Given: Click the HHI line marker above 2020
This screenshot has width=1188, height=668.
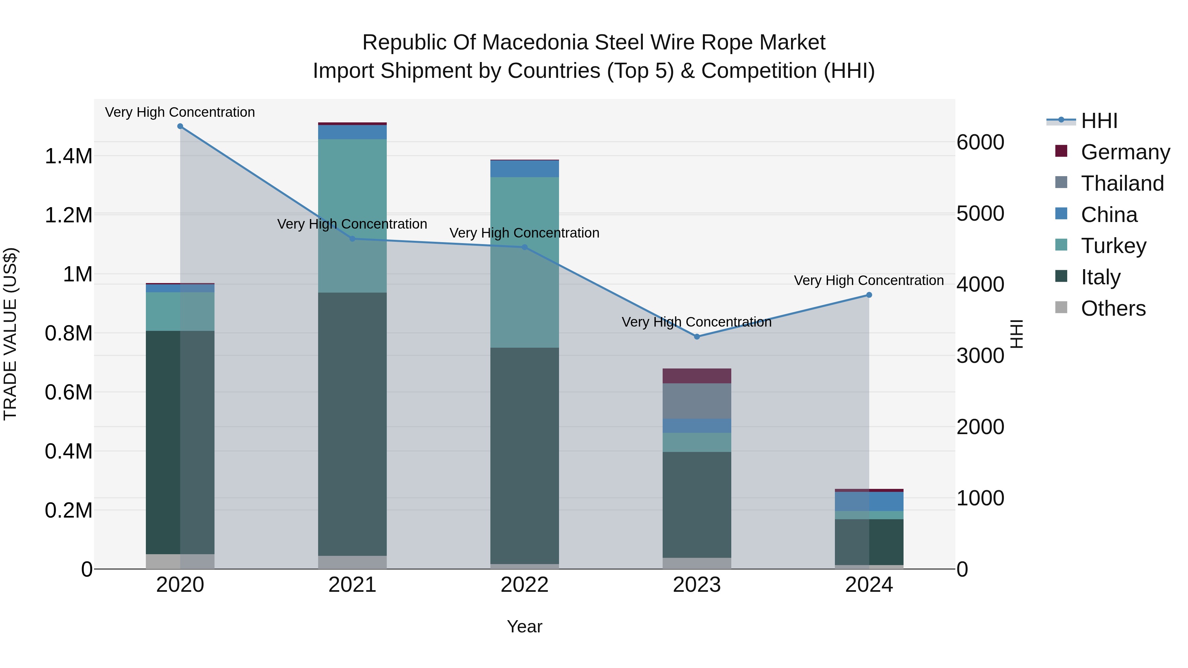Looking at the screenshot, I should pyautogui.click(x=180, y=126).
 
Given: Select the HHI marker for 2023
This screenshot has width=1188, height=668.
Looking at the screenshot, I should pyautogui.click(x=697, y=336).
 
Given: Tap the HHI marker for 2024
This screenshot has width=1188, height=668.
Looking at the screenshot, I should pyautogui.click(x=869, y=295).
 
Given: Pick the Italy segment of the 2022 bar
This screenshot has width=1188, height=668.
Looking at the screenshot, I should pyautogui.click(x=524, y=456).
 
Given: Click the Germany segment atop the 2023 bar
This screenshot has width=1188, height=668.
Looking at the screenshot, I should pyautogui.click(x=697, y=376).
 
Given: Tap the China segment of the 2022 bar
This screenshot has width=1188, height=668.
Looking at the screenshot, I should pyautogui.click(x=524, y=169).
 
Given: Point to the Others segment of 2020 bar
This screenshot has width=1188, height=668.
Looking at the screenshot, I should pyautogui.click(x=180, y=561).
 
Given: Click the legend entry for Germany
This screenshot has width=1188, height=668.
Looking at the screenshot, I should pyautogui.click(x=1125, y=152).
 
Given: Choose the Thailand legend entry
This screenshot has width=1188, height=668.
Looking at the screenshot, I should pyautogui.click(x=1122, y=183).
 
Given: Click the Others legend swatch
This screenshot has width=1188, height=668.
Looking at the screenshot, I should pyautogui.click(x=1061, y=307).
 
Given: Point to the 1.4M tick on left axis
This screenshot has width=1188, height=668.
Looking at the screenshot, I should pyautogui.click(x=68, y=156).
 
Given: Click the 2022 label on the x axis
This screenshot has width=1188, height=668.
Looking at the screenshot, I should pyautogui.click(x=524, y=585).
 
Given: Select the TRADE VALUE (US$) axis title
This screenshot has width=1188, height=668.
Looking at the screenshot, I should pyautogui.click(x=10, y=334).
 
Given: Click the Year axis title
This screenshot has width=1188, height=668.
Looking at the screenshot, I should pyautogui.click(x=524, y=626).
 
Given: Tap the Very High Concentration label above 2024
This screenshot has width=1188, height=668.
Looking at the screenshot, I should pyautogui.click(x=869, y=280).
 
